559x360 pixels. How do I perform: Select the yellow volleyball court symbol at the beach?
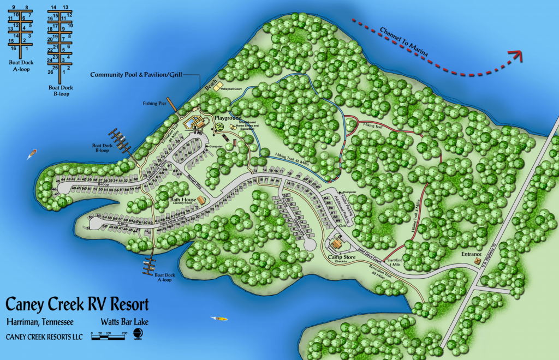(218, 87)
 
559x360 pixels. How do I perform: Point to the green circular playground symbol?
(219, 127)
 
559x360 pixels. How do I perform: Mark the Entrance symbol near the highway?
(478, 261)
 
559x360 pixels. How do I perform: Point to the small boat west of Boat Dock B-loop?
(32, 154)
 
